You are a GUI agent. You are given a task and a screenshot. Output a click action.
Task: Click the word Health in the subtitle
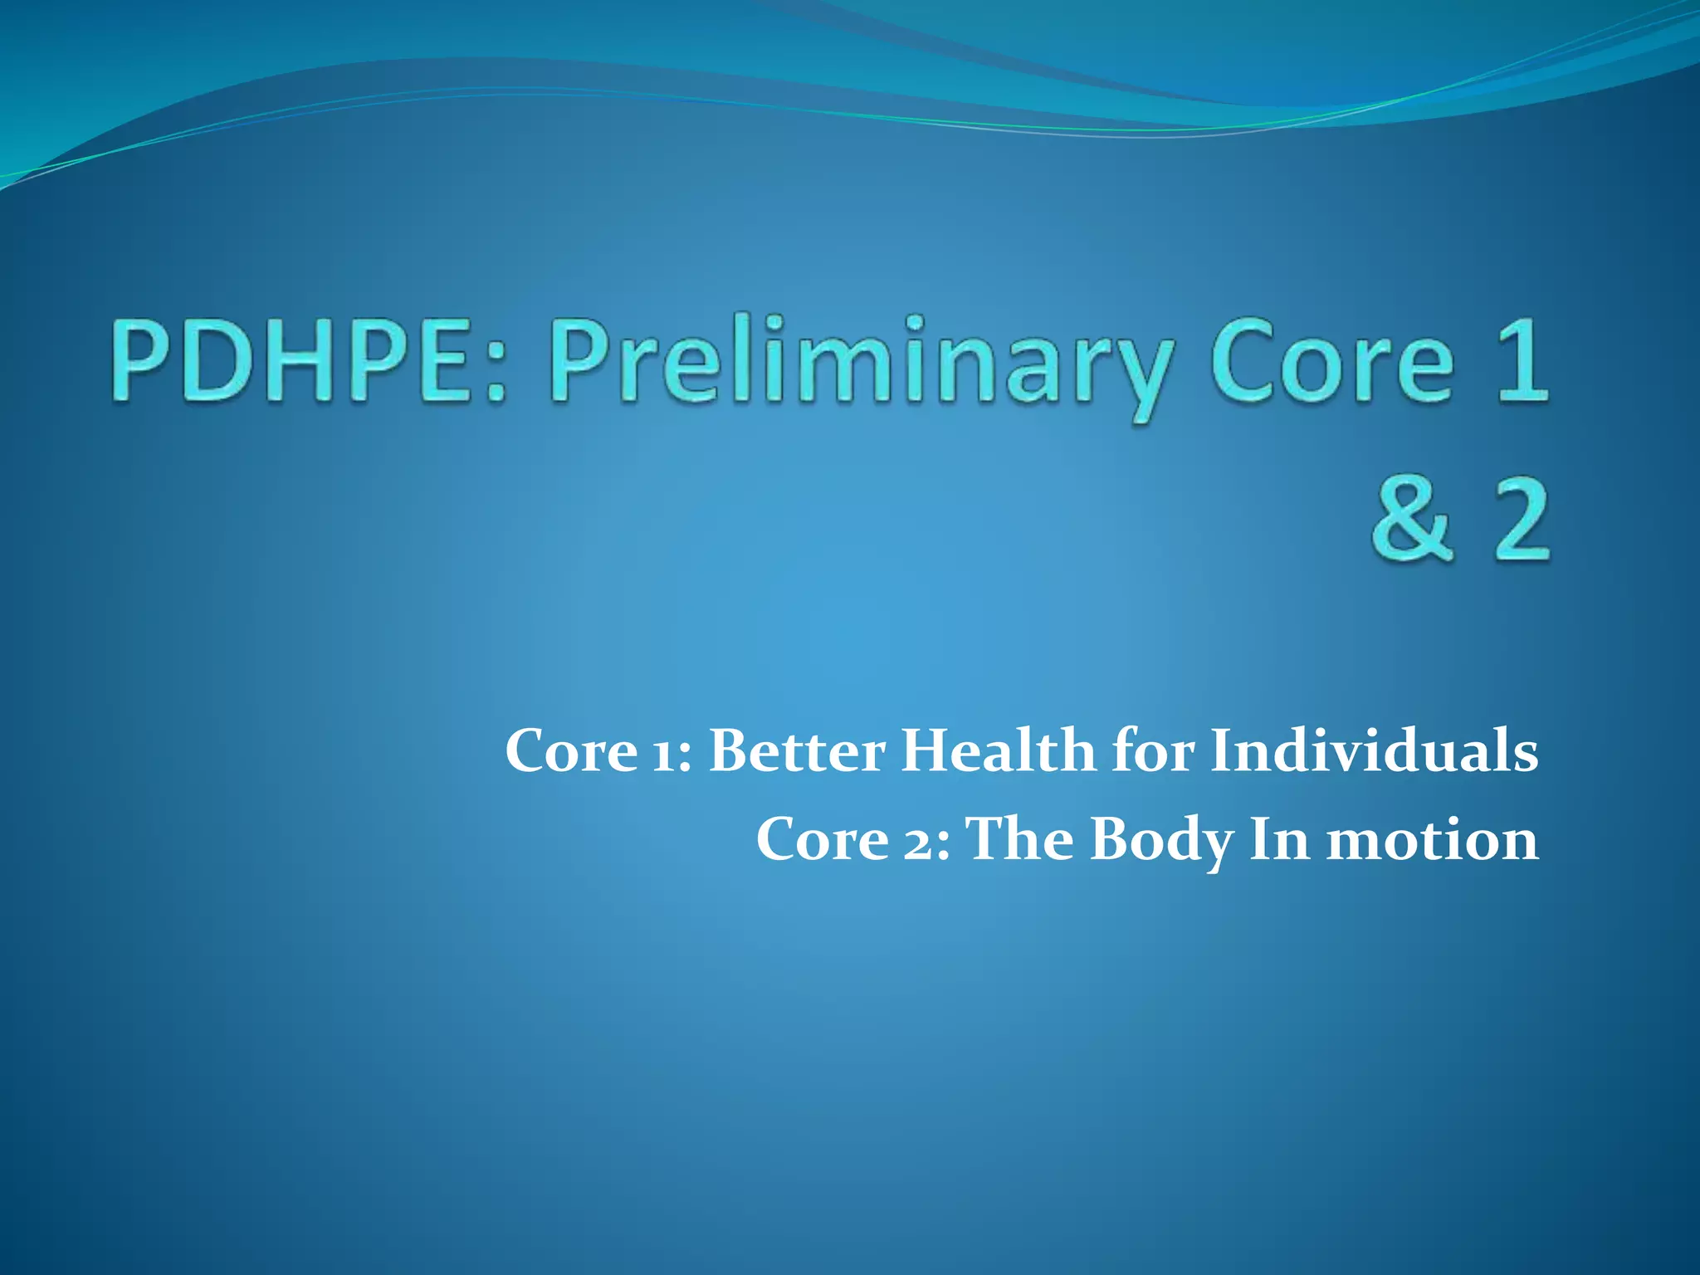[x=999, y=750]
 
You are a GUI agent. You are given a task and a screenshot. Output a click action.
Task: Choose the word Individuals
[x=1374, y=750]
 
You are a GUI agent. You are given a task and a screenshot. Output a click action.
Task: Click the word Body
[x=1162, y=840]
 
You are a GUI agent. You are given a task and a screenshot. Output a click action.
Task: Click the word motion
[x=1433, y=840]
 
